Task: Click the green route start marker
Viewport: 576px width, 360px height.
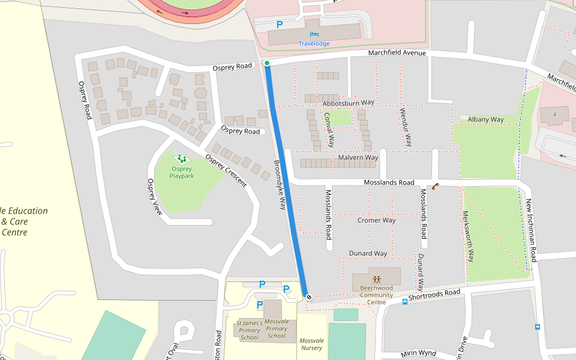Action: point(267,63)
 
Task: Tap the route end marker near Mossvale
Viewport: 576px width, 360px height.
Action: point(308,296)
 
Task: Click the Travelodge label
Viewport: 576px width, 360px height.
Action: point(314,44)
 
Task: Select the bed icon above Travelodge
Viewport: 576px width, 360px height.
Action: point(314,35)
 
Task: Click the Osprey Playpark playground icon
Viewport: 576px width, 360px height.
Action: point(181,159)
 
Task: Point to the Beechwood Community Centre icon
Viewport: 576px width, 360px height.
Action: point(376,279)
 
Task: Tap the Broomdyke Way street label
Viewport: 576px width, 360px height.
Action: point(280,184)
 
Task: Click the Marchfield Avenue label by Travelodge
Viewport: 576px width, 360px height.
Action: point(397,53)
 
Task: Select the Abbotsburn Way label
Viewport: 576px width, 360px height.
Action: point(348,103)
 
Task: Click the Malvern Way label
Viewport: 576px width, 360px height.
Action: point(358,157)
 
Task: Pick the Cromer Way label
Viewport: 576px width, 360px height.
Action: point(376,220)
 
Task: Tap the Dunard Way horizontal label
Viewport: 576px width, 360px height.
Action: point(368,253)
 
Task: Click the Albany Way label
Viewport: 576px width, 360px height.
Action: point(485,119)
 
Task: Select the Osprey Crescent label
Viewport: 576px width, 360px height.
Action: point(226,171)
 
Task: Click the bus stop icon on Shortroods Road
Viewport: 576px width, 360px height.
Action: point(405,302)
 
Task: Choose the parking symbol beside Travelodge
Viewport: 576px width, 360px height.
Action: point(279,25)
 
